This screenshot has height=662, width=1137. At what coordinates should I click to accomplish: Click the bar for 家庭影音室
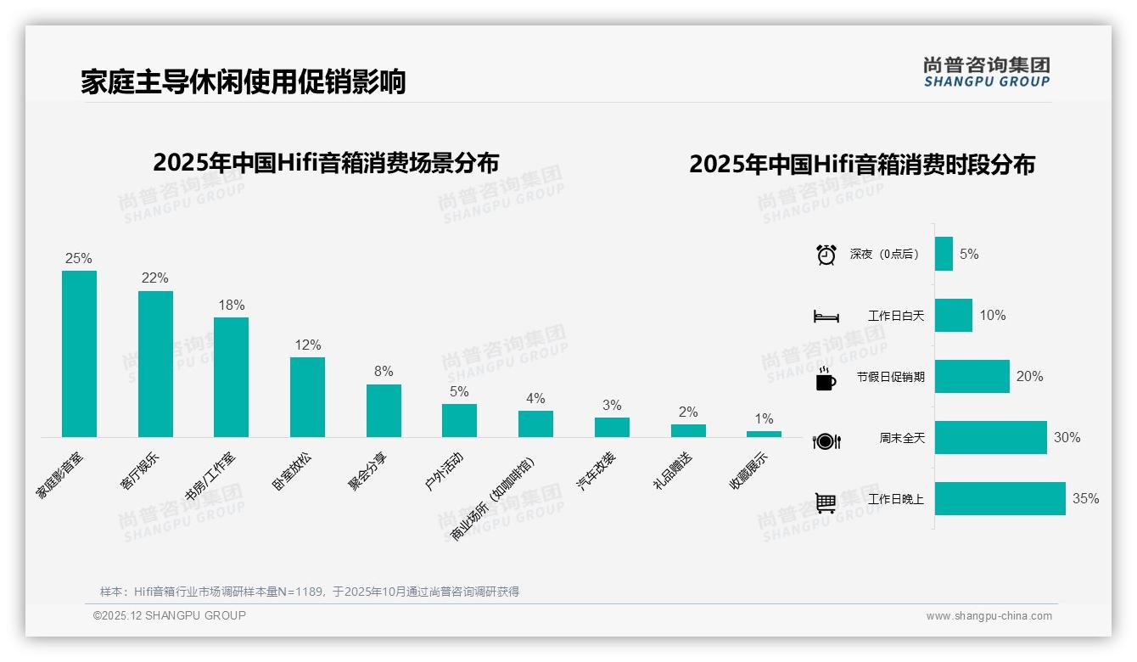(x=79, y=354)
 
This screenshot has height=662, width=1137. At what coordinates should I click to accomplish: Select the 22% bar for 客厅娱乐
(x=155, y=364)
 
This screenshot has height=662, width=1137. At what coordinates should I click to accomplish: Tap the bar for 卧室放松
(x=307, y=397)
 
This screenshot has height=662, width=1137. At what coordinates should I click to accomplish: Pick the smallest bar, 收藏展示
(x=764, y=434)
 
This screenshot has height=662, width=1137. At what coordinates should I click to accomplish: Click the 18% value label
(x=231, y=306)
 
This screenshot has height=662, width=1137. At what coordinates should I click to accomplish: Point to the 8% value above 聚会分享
(x=384, y=372)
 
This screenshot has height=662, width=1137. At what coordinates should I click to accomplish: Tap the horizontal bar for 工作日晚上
(x=1000, y=498)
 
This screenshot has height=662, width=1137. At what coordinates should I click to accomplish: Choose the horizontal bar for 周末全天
(x=990, y=437)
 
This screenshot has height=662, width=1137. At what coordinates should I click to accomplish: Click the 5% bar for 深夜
(x=944, y=254)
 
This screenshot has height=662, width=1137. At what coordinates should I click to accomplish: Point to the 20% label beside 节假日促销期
(x=1029, y=376)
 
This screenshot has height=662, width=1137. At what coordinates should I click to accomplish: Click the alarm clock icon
(x=826, y=255)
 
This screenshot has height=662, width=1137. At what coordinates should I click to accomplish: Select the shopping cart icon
(x=826, y=502)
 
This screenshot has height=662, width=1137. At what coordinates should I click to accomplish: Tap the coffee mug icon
(x=826, y=379)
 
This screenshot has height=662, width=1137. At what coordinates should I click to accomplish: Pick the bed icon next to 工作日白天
(x=826, y=317)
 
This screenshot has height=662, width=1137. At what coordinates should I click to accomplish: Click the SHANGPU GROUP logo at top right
(x=986, y=72)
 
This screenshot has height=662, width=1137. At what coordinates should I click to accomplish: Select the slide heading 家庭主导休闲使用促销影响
(x=244, y=81)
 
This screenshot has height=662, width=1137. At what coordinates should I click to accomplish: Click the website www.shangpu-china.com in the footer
(x=989, y=616)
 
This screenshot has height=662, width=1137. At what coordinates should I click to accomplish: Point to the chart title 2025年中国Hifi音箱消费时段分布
(x=861, y=164)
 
